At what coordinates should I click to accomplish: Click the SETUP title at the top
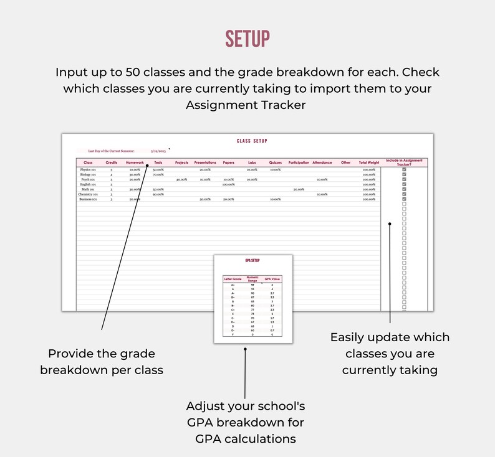pos(247,39)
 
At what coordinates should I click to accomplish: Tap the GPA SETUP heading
pos(252,261)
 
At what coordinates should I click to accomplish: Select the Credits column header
pos(112,163)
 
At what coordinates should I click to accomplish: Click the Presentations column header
pos(205,163)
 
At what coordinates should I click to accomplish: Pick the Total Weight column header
pos(368,163)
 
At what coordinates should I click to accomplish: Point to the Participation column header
pos(299,163)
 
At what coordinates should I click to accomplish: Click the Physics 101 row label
pos(88,169)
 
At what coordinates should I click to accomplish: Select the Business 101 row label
pos(88,199)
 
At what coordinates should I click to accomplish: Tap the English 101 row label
pos(88,184)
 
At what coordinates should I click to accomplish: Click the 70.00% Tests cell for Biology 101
pos(158,174)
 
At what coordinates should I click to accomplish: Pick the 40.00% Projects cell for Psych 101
pos(181,179)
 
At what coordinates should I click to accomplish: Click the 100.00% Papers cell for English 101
pos(228,184)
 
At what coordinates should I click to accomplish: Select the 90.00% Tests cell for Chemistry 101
pos(158,194)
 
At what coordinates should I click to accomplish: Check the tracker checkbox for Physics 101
pos(404,169)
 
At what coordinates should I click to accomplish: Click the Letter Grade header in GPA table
pos(233,279)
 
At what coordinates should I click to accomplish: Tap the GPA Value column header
pos(272,279)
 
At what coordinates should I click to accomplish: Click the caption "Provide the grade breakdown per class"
pos(102,361)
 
